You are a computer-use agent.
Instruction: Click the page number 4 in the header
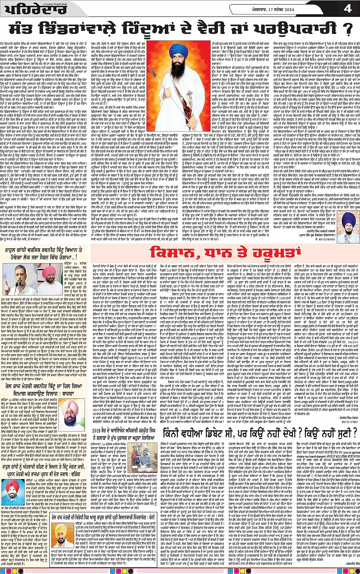pyautogui.click(x=348, y=8)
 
